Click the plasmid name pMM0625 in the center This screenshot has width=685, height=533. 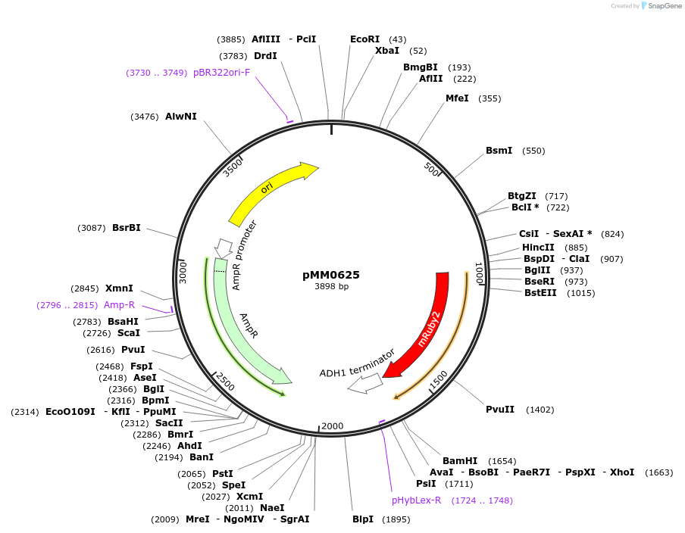pos(331,275)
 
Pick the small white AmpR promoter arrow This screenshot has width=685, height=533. pos(224,247)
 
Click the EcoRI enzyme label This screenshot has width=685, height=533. pos(364,39)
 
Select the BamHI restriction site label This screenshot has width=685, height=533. pos(460,460)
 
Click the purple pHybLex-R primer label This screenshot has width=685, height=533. pos(416,500)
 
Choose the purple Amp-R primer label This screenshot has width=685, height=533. pos(119,305)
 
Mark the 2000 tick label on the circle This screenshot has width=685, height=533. pos(333,426)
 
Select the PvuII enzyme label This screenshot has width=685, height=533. pos(500,410)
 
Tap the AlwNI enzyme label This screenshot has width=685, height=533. pos(180,117)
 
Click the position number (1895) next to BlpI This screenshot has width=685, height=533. pos(396,519)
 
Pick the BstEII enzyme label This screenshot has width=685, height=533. pos(540,293)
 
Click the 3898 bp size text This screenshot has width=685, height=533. pos(331,287)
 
